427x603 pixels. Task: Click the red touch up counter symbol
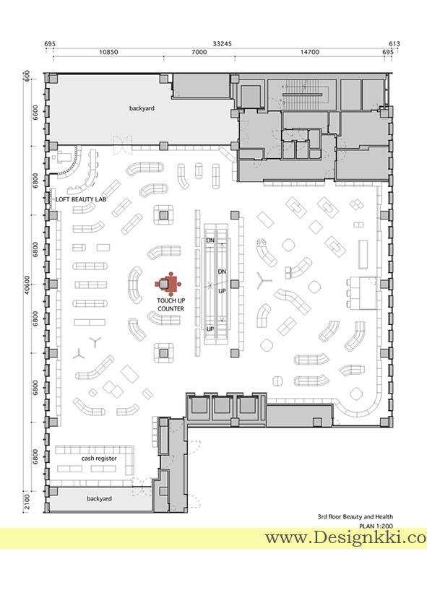(x=168, y=284)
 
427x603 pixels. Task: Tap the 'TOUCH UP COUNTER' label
(x=171, y=305)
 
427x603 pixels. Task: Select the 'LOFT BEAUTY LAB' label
(x=81, y=199)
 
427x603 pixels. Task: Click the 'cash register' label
(x=99, y=459)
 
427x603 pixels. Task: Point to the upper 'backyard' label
(x=142, y=108)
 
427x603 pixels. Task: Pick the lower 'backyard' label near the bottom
(x=99, y=499)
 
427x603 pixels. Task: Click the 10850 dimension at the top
(x=108, y=52)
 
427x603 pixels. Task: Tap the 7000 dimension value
(x=199, y=52)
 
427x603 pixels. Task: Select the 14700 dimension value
(x=310, y=52)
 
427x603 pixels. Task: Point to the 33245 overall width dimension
(x=223, y=44)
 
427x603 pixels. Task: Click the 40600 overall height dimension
(x=27, y=285)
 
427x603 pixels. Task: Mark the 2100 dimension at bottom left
(x=27, y=502)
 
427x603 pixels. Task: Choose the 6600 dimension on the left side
(x=35, y=113)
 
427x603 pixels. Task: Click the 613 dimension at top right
(x=394, y=44)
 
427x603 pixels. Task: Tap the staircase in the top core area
(x=302, y=94)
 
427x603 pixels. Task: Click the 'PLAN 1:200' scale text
(x=376, y=526)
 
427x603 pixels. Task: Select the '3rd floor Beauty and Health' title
(x=355, y=517)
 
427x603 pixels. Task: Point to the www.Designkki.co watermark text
(x=346, y=537)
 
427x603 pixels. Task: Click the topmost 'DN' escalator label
(x=210, y=240)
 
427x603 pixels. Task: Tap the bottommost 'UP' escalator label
(x=210, y=329)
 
